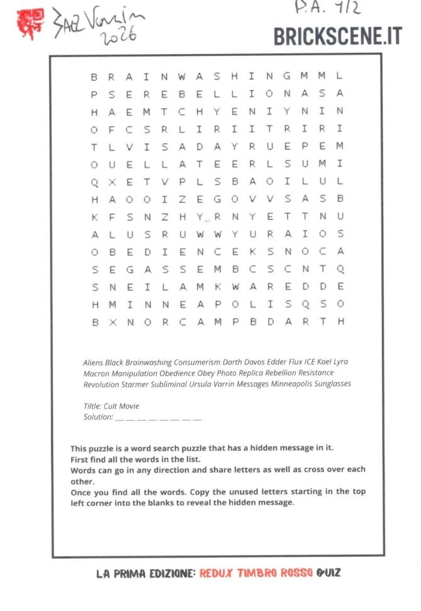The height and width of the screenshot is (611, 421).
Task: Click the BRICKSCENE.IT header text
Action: pyautogui.click(x=337, y=36)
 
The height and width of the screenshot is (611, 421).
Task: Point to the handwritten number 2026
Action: pyautogui.click(x=119, y=36)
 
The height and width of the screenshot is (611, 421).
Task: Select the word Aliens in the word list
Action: pyautogui.click(x=93, y=362)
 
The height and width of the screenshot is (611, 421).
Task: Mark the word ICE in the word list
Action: pyautogui.click(x=310, y=362)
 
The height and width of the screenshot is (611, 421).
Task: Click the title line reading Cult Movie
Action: pyautogui.click(x=111, y=406)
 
